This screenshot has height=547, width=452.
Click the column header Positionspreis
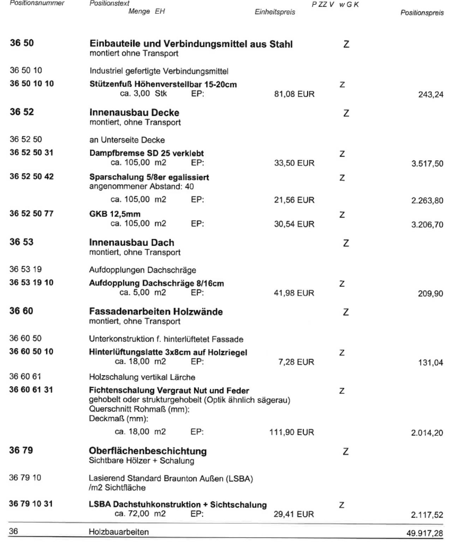422,13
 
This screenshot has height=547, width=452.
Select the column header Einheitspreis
275,12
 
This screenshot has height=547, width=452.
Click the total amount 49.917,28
425,533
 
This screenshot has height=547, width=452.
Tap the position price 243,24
431,95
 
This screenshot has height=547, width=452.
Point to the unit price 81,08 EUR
294,94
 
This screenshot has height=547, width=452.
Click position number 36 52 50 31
31,153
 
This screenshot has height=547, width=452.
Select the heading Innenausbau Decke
134,113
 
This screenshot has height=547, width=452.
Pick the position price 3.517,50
427,164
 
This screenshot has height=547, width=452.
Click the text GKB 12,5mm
115,214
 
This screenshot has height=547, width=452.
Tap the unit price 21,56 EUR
294,200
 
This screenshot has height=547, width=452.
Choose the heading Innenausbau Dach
132,243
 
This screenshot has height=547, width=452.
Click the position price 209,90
430,294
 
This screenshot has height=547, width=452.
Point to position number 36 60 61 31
31,390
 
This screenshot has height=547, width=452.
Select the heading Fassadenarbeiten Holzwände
156,312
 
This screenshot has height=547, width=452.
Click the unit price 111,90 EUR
292,432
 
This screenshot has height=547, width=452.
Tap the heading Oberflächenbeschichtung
148,451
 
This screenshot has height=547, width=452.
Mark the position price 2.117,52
427,515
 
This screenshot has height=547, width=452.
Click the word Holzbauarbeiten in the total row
119,532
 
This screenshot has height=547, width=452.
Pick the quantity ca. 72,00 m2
140,514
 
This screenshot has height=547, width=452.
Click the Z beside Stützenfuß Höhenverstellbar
342,85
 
